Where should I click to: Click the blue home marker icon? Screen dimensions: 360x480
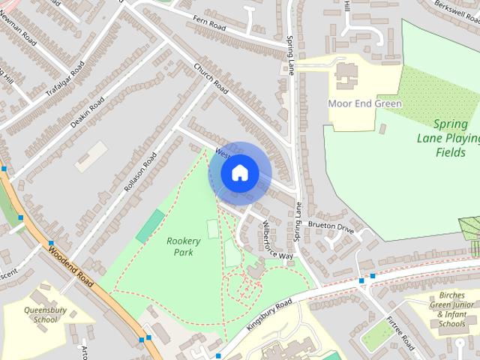(x=239, y=173)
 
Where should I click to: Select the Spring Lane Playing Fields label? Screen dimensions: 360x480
(x=448, y=138)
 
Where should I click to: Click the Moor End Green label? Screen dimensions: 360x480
(x=365, y=103)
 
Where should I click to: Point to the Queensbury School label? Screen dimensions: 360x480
(x=45, y=314)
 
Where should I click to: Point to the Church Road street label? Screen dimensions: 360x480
(x=210, y=79)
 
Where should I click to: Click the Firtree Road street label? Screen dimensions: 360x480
(x=400, y=332)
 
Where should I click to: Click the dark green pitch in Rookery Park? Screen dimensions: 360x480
(x=150, y=226)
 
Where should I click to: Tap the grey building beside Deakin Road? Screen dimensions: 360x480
(x=91, y=156)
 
